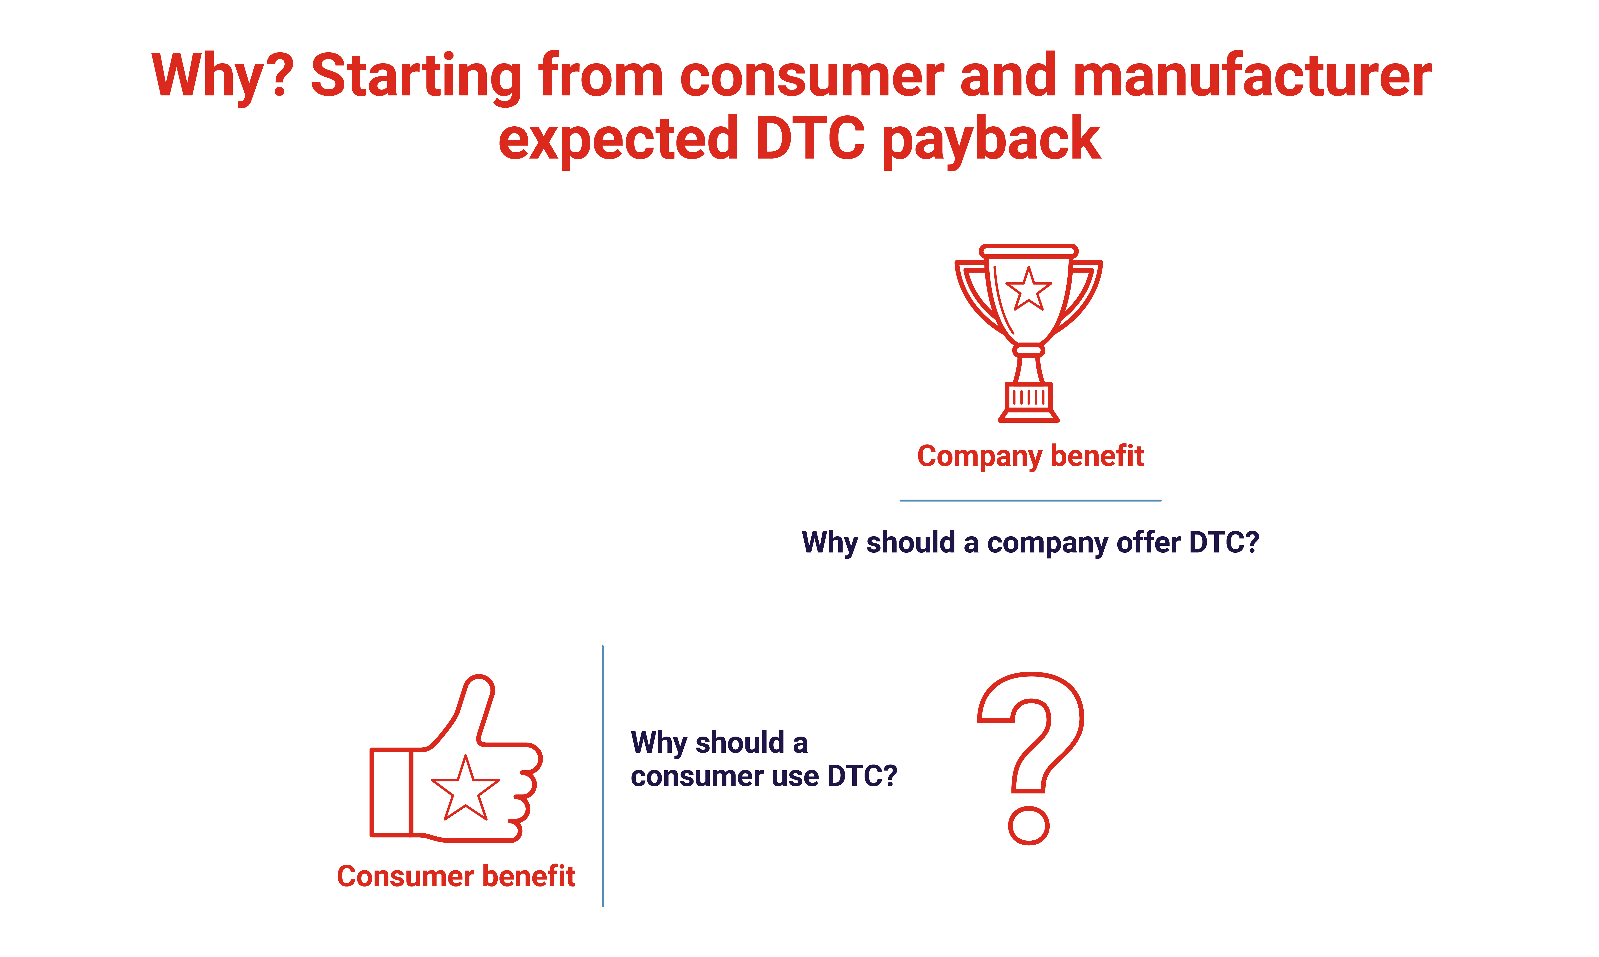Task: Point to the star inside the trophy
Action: point(1029,289)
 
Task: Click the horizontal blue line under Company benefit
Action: point(1030,500)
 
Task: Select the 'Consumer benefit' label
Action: point(456,876)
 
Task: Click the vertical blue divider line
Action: point(603,776)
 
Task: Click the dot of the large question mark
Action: point(1029,825)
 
